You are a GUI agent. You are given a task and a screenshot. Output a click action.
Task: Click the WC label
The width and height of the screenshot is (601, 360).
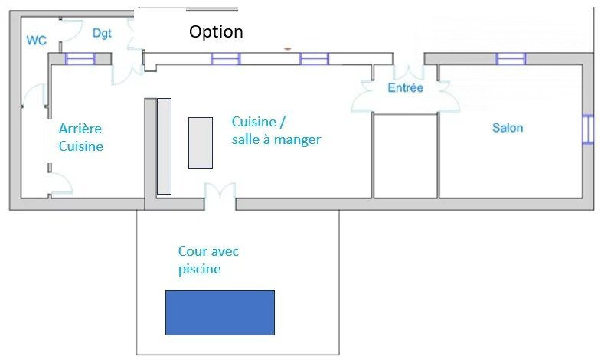[x=37, y=41]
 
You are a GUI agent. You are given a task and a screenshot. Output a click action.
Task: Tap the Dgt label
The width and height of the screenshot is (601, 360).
[x=102, y=34]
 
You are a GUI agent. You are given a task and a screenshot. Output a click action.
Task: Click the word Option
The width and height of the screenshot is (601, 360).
[x=216, y=31]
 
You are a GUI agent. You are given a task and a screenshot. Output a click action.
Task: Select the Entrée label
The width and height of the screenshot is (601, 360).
[x=406, y=88]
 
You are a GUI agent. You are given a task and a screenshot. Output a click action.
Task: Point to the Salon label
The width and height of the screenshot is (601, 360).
[x=508, y=128]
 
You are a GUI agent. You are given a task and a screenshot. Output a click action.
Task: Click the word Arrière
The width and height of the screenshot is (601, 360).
[x=80, y=129]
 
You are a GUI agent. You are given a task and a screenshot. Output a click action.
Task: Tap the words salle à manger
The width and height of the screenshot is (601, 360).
[x=276, y=139]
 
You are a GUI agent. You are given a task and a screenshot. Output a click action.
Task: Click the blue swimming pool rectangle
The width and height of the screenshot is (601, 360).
[x=220, y=313]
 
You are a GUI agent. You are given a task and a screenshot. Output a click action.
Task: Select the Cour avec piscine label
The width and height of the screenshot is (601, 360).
[x=208, y=260]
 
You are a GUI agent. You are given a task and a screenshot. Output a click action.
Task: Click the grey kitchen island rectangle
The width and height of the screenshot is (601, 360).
[x=201, y=143]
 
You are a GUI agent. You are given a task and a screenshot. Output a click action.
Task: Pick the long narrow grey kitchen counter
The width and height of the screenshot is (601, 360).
[x=164, y=146]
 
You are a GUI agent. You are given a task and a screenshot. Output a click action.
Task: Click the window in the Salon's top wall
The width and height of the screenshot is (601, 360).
[x=511, y=59]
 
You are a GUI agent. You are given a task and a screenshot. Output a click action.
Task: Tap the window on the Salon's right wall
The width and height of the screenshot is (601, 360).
[x=587, y=129]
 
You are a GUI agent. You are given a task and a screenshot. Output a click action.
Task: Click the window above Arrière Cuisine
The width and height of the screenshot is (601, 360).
[x=80, y=59]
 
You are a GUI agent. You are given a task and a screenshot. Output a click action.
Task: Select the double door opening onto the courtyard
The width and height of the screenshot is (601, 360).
[x=220, y=191]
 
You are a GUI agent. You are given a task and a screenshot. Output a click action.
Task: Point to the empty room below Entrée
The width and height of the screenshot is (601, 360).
[x=406, y=155]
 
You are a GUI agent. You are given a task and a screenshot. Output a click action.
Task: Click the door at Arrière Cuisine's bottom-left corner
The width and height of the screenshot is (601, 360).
[x=61, y=183]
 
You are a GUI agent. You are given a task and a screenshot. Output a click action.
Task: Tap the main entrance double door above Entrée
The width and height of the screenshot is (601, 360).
[x=409, y=72]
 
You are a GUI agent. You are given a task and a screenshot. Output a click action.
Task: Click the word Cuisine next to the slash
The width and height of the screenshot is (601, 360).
[x=254, y=122]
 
